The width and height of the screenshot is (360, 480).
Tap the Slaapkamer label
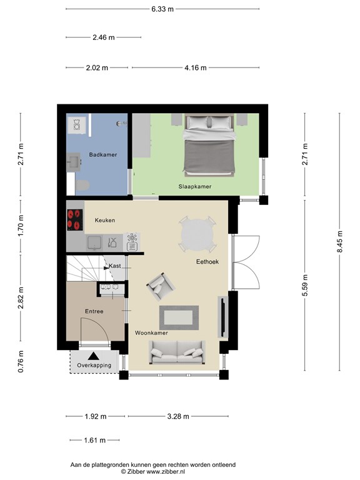pos(195,186)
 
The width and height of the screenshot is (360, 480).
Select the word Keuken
pos(105,220)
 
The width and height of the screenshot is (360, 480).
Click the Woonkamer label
pos(151,333)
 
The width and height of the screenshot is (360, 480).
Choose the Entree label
pos(94,311)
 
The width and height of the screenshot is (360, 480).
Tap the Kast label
pos(115,266)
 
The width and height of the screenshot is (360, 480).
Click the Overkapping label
pos(94,365)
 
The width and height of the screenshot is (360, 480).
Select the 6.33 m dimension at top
pos(162,9)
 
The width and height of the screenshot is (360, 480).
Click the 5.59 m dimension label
pos(305,285)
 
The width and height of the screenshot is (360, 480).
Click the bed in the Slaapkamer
pos(209,146)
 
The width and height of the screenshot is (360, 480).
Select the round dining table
pos(197,235)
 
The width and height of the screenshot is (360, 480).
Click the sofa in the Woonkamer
pos(176,352)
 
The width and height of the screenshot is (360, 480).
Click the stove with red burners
pos(75,219)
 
